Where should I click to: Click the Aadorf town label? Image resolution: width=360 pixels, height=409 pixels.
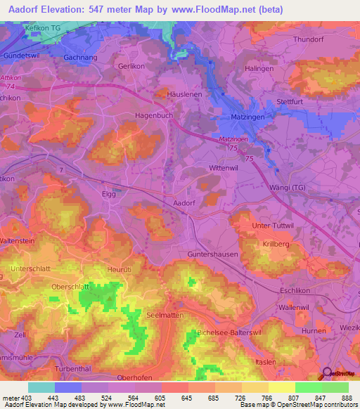(184, 202)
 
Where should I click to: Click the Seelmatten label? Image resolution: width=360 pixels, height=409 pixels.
(165, 316)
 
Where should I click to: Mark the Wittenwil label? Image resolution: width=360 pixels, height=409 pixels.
(226, 169)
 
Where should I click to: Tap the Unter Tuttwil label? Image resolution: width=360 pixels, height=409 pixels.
(271, 225)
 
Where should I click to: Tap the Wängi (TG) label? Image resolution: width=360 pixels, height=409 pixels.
(308, 188)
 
